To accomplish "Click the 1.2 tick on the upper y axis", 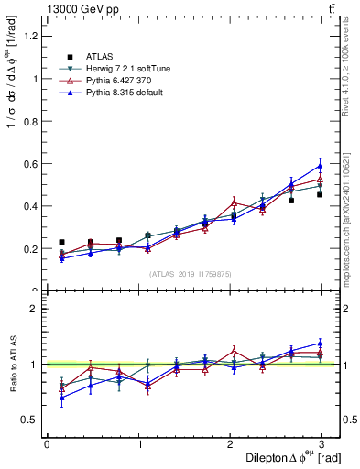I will tap(31, 36).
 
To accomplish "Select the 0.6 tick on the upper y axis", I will tap(31, 164).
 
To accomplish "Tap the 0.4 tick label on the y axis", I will tap(31, 206).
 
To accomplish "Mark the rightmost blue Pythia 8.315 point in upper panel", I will tap(320, 166).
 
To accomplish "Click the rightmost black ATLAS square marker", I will tap(320, 194).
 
